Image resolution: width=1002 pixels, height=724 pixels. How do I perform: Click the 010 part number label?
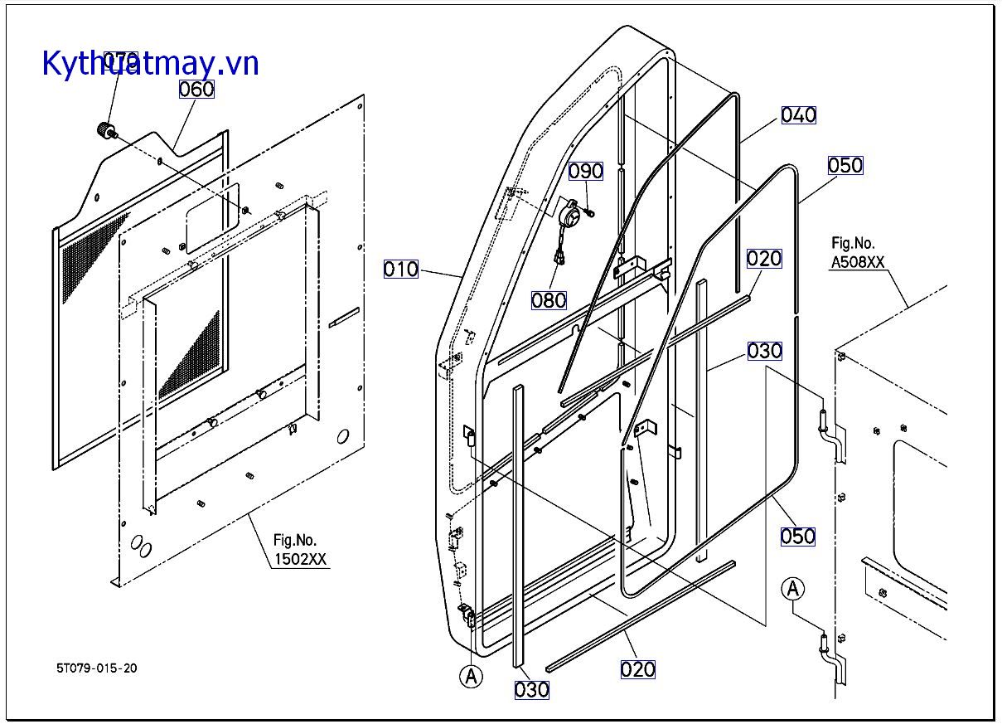coord(401,270)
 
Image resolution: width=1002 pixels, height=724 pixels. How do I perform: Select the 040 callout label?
coord(799,114)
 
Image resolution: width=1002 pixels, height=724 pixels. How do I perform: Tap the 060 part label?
coord(196,89)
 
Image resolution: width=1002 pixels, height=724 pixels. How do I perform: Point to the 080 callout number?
coord(549,299)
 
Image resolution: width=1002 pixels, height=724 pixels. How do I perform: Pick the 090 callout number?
coord(586,171)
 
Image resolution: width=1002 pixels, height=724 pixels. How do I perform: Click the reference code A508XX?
coord(858,262)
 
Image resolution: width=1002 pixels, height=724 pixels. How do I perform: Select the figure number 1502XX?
coord(301,559)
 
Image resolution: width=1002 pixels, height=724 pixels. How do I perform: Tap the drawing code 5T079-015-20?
coord(97,668)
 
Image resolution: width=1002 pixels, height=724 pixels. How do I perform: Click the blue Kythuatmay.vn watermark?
coord(150,63)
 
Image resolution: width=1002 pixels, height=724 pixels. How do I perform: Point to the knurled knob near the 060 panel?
coord(106,130)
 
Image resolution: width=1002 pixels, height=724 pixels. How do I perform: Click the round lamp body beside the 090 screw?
coord(569,216)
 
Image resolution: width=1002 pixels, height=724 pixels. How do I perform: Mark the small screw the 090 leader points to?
coord(590,213)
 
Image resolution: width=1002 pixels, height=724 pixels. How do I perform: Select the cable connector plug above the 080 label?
coord(560,259)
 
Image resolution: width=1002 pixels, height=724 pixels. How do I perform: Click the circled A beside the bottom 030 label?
coord(472,677)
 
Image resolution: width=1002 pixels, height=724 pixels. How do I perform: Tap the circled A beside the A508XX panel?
coord(794,590)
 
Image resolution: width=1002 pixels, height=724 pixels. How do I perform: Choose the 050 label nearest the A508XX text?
coord(845,165)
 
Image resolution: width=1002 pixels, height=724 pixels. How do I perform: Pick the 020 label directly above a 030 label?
coord(764,259)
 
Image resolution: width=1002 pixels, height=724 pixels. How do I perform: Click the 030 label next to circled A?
coord(531,689)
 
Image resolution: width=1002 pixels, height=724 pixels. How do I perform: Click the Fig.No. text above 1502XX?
coord(295,540)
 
